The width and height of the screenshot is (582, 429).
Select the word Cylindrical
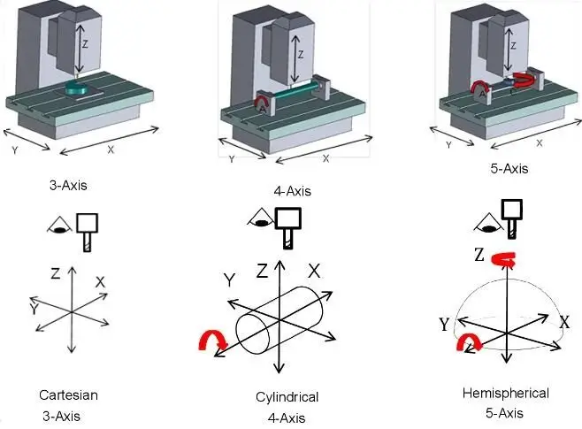[x=280, y=396]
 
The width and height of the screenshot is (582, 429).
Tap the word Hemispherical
[x=505, y=393]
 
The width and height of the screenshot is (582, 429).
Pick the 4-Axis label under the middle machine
[x=293, y=191]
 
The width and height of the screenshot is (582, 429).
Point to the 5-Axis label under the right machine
[x=508, y=169]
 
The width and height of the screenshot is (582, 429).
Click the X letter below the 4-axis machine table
[x=325, y=158]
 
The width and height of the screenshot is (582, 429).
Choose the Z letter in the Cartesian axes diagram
[x=55, y=274]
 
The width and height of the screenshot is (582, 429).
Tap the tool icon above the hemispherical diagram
[x=510, y=216]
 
